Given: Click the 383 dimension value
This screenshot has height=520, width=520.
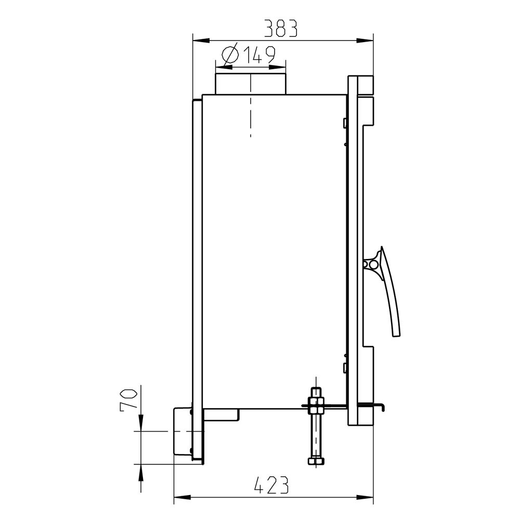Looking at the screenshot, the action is coord(281,28).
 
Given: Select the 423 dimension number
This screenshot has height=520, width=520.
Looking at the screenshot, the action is coord(271,485).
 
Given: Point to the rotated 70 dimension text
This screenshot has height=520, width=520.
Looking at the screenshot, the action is coord(128,400).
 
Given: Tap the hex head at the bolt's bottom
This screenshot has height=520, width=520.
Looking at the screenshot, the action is coord(316,461).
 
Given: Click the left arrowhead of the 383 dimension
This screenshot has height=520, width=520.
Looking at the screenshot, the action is coord(201,41).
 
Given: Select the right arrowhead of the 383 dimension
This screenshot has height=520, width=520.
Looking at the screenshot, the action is coord(365,41).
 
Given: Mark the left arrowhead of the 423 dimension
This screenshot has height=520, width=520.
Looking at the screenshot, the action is coord(183,497).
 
